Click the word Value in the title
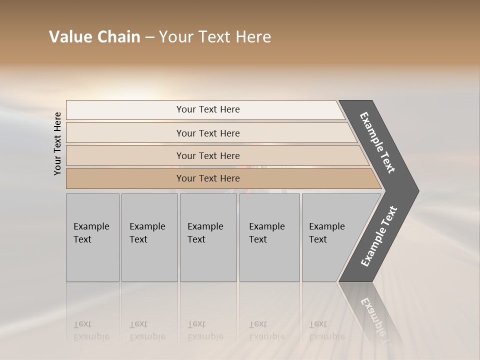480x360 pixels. pos(69,37)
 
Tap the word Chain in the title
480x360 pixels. pos(118,37)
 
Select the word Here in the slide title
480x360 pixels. pos(252,37)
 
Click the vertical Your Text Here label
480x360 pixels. pos(57,144)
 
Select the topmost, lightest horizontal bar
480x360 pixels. pos(207,109)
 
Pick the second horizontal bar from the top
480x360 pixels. pos(207,133)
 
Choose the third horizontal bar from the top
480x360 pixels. pos(207,155)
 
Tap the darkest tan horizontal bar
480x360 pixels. pos(207,178)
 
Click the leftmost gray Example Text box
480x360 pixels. pos(92,237)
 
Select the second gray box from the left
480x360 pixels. pos(149,237)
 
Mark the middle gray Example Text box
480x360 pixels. pos(208,237)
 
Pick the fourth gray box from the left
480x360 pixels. pos(269,237)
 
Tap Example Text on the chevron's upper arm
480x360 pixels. pos(377,142)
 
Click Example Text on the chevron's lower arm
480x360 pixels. pos(379,236)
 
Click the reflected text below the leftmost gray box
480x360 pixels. pos(91,330)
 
